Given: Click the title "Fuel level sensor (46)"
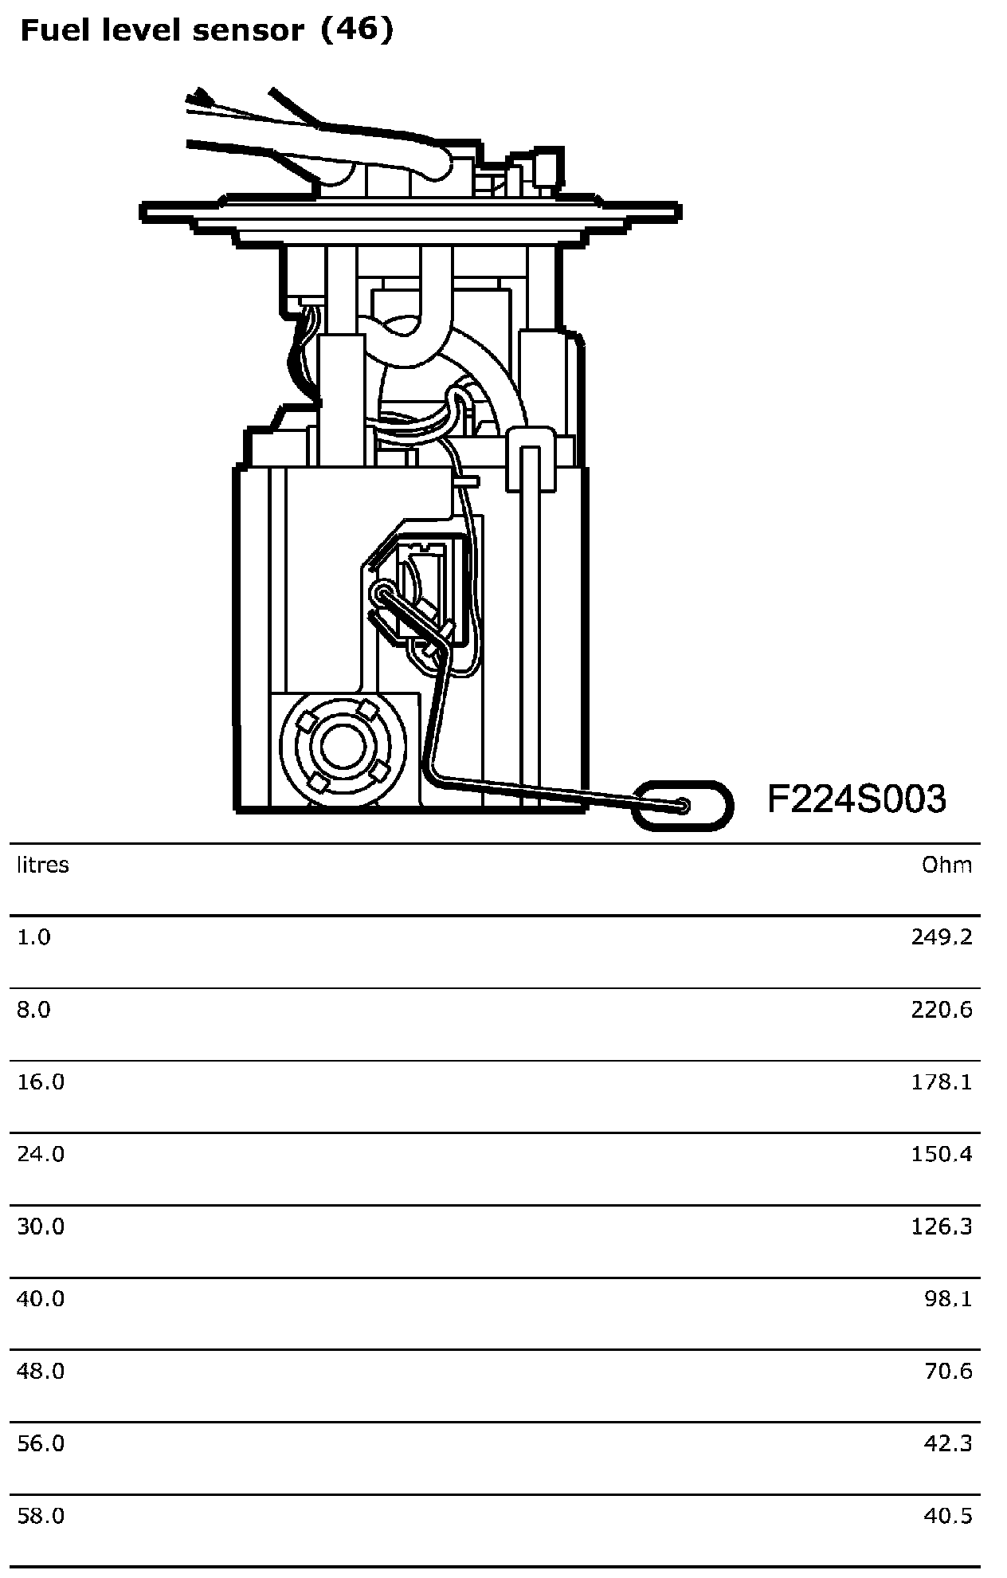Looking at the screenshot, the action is [x=206, y=31].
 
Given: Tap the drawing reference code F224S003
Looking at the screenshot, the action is [x=856, y=799].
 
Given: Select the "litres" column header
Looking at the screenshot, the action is [x=43, y=865].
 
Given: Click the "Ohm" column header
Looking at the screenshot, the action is [x=947, y=865].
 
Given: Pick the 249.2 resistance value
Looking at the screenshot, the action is [x=942, y=936].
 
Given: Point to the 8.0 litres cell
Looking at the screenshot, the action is [x=33, y=1010].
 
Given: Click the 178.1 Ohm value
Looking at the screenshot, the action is [x=942, y=1081].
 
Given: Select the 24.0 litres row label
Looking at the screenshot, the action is [x=41, y=1154].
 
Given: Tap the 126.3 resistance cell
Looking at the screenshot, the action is [x=942, y=1226].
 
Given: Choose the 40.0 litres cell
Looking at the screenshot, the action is [x=41, y=1299].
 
